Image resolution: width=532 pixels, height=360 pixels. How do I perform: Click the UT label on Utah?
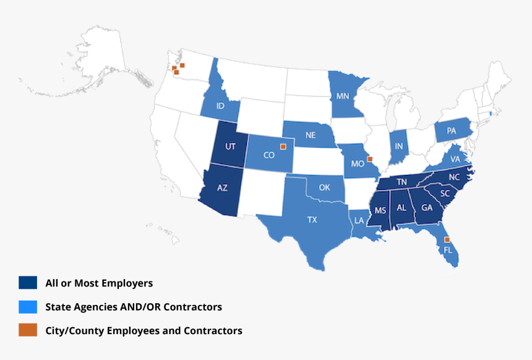[231, 146]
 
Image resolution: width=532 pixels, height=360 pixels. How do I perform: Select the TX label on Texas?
[312, 220]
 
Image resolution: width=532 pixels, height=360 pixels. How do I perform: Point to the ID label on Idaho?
[220, 106]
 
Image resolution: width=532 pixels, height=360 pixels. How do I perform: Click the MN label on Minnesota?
[342, 96]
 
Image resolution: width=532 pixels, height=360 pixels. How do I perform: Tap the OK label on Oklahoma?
[324, 186]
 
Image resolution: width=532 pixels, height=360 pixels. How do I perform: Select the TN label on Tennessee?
[401, 181]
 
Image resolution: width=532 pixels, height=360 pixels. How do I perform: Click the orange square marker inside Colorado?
[283, 147]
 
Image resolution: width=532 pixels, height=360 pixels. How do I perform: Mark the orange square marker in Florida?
[447, 239]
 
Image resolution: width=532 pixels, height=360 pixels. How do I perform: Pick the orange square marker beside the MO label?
[370, 158]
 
